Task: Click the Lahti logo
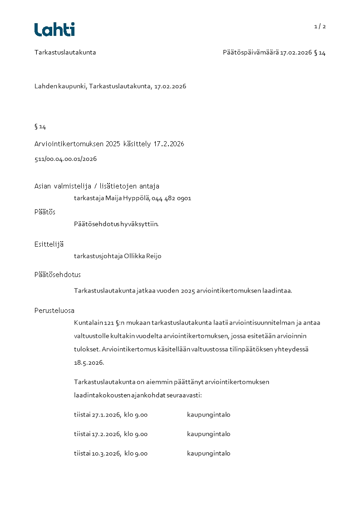[54, 30]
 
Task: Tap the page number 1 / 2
[320, 26]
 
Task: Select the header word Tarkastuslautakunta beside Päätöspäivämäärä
[65, 52]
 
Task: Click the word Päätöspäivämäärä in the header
[250, 52]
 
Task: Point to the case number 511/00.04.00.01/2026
[65, 159]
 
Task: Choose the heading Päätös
[45, 212]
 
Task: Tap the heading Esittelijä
[49, 244]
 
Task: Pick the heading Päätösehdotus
[58, 275]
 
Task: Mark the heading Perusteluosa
[54, 311]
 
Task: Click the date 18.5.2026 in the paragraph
[89, 363]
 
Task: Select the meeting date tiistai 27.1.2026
[97, 415]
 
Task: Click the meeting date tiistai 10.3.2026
[97, 453]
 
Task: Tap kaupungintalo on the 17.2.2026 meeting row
[208, 434]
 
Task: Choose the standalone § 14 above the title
[40, 127]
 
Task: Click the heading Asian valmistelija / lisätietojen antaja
[97, 186]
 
